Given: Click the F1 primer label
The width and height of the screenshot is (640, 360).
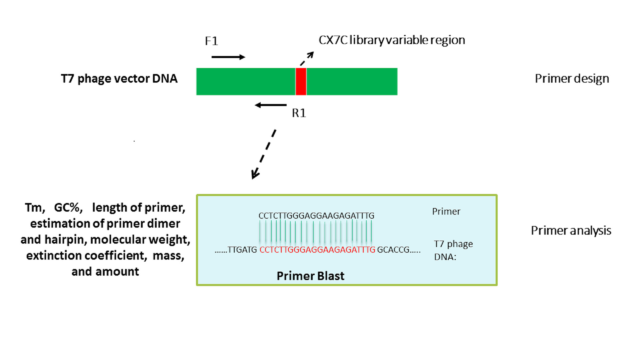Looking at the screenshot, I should click(211, 41).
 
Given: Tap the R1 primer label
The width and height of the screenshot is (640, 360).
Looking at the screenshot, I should click(299, 113).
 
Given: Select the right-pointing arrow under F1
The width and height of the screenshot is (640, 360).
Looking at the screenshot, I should click(228, 57).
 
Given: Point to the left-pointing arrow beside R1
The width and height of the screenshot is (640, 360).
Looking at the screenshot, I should click(271, 105).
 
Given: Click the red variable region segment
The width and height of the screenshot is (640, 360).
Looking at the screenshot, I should click(301, 82).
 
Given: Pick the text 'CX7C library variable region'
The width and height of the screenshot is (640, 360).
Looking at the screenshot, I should click(392, 40).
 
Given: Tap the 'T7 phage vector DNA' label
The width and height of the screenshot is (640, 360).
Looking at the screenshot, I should click(119, 79).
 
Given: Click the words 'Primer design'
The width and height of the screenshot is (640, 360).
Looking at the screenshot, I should click(572, 79).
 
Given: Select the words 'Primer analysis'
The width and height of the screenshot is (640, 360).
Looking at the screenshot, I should click(571, 231).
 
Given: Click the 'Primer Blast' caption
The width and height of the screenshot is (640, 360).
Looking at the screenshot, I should click(310, 276).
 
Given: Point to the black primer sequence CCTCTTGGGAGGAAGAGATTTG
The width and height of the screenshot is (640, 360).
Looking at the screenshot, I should click(316, 216).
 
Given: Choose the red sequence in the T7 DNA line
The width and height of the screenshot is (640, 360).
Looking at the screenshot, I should click(317, 250).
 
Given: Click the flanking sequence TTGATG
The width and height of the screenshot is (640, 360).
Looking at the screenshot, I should click(242, 250).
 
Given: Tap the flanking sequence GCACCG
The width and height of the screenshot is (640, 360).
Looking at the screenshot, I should click(393, 250).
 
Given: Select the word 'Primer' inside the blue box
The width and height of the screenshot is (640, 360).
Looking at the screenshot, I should click(446, 212).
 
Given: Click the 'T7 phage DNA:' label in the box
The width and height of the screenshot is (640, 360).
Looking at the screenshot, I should click(453, 250).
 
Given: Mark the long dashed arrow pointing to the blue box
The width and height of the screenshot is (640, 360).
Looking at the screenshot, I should click(264, 154).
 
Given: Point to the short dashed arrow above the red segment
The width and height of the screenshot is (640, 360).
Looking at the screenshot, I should click(307, 58).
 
